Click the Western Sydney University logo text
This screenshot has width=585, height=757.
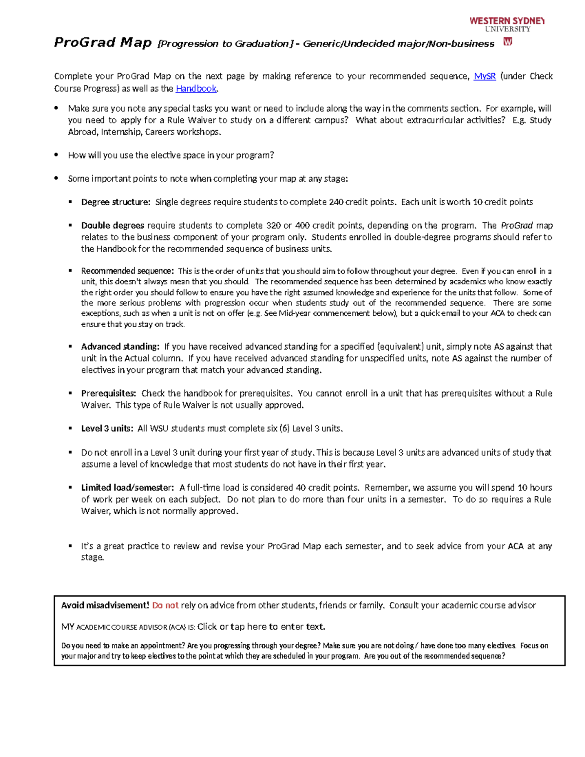coord(507,24)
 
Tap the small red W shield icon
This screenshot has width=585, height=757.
coord(507,42)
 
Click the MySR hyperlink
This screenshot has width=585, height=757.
coord(485,76)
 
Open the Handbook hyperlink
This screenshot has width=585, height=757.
coord(196,88)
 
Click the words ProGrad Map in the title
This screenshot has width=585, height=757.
coord(103,43)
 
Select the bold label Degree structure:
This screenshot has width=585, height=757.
coord(116,202)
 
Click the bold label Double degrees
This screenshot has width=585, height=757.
coord(113,225)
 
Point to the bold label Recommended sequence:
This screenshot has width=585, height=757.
coord(127,271)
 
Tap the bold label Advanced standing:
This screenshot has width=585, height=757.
coord(120,347)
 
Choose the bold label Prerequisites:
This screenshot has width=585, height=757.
coord(108,393)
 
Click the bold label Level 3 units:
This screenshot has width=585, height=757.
coord(107,428)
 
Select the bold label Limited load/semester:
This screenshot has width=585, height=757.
coord(127,487)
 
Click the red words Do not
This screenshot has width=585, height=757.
coord(165,605)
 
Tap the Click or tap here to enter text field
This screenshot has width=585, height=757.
coord(261,626)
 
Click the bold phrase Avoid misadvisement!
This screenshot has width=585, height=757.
coord(105,605)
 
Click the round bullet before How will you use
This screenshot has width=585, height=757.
coord(57,155)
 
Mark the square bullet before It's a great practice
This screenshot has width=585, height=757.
coord(70,546)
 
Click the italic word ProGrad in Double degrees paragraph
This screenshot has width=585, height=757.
coord(517,225)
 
